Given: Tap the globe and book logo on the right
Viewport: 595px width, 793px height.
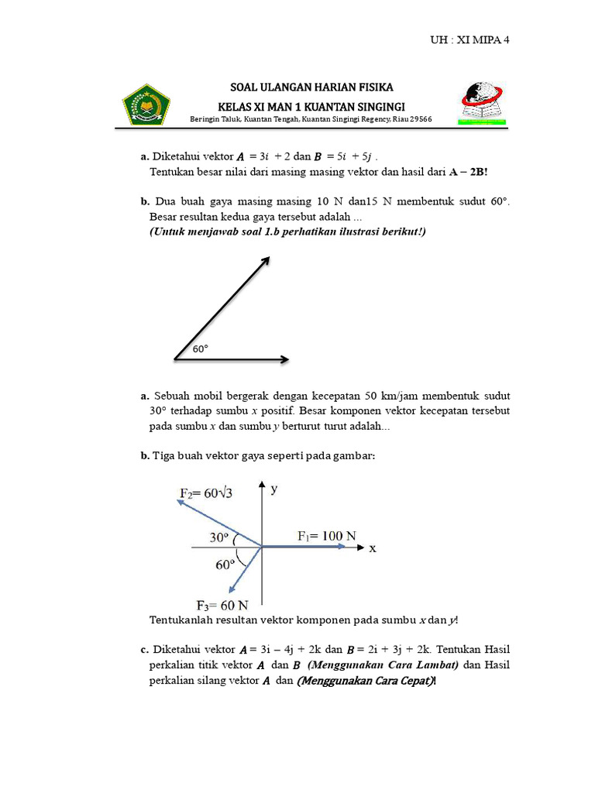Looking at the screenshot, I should click(483, 103).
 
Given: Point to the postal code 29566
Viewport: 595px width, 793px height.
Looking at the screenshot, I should click(419, 119).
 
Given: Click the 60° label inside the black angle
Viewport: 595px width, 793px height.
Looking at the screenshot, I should click(201, 349).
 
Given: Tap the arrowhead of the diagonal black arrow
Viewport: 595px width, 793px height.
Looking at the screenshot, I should click(266, 260).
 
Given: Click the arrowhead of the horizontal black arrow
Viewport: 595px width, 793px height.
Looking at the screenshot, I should click(285, 359).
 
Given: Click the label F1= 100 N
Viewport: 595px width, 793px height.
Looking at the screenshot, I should click(327, 535).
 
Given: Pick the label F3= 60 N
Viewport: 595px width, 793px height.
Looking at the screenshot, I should click(222, 605).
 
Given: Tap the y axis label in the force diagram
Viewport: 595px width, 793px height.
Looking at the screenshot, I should click(274, 489).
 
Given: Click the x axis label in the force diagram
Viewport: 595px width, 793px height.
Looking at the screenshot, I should click(373, 548).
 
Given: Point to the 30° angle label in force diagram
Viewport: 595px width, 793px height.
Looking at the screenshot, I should click(220, 537).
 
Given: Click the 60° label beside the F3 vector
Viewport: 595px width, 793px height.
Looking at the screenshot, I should click(225, 565).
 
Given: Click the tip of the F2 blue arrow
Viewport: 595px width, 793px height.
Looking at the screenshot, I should click(179, 501).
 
